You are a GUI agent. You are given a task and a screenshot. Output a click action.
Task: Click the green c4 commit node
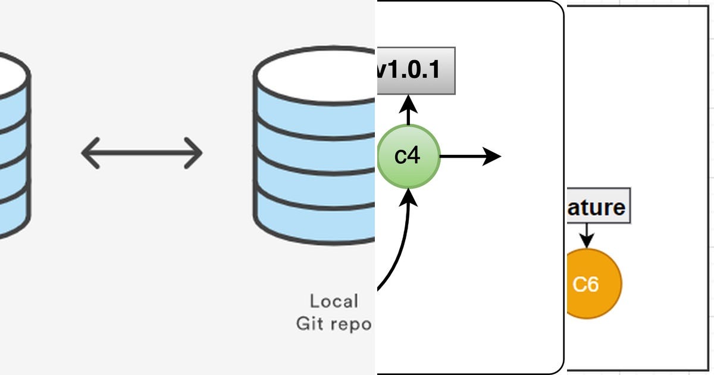point(408,157)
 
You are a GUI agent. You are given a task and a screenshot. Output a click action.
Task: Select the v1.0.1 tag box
point(416,71)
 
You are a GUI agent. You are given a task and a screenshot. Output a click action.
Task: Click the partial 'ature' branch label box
point(597,207)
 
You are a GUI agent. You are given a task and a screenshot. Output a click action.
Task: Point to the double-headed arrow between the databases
point(142,153)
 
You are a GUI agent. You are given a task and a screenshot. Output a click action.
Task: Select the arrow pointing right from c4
point(470,157)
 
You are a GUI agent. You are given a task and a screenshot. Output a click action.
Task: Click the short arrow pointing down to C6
point(587,236)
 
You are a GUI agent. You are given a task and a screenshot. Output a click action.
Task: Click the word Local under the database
point(334,301)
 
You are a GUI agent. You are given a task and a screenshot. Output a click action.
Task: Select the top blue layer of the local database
point(315,116)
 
